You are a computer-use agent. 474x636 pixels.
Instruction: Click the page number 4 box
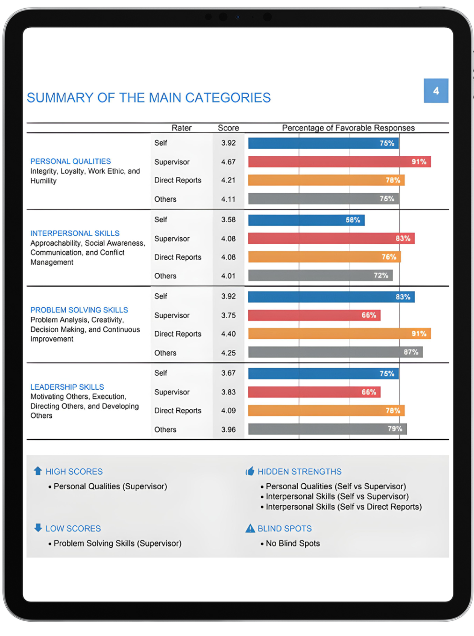[436, 91]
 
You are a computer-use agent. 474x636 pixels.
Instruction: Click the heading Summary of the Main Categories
[149, 98]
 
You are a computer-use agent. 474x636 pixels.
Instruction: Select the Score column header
[228, 128]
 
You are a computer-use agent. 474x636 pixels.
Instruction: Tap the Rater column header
[181, 128]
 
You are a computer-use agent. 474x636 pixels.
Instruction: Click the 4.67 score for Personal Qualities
[228, 162]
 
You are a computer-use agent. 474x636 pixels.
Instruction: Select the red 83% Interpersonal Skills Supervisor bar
[331, 238]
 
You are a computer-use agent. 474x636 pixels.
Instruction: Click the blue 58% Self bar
[306, 220]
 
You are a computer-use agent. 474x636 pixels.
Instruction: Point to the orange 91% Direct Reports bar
[339, 334]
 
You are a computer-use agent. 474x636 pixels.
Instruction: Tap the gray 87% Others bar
[335, 352]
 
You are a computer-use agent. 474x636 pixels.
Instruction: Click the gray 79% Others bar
[327, 429]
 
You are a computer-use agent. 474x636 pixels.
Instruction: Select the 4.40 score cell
[228, 334]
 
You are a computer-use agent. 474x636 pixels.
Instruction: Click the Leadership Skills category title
[67, 387]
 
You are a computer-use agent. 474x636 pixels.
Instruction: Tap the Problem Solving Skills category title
[79, 310]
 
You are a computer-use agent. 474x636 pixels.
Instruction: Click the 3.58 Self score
[228, 220]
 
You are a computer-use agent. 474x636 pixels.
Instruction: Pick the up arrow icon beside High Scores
[38, 471]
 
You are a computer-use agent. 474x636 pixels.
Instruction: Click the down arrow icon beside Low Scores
[38, 528]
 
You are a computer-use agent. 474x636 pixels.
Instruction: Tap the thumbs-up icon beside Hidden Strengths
[250, 471]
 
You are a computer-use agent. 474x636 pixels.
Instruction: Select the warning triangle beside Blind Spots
[250, 528]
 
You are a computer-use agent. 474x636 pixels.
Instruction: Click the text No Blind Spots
[292, 543]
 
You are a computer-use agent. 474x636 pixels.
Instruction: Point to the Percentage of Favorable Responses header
[348, 128]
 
